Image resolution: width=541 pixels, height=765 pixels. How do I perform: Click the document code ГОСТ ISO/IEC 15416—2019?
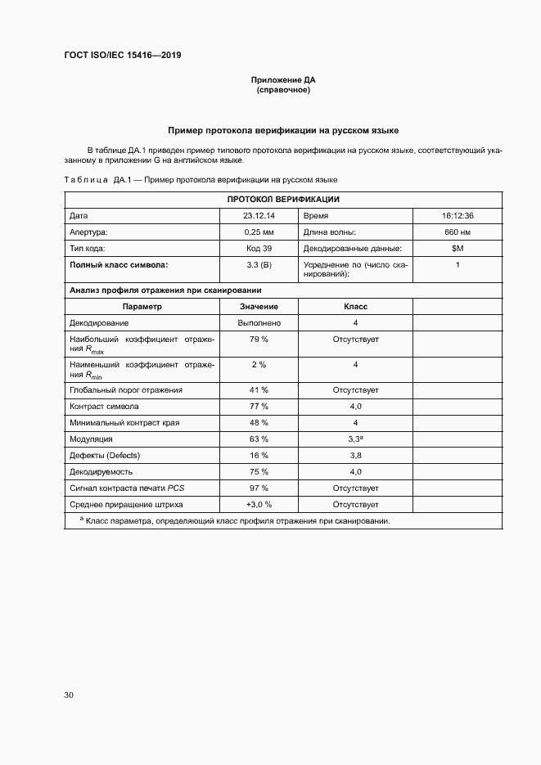(x=122, y=55)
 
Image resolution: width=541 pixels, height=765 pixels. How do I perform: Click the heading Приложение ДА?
(x=282, y=80)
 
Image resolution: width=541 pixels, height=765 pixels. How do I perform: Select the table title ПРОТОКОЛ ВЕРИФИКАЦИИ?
(x=283, y=200)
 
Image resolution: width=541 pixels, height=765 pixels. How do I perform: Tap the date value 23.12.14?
(x=259, y=216)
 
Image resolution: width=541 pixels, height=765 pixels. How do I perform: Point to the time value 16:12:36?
(x=458, y=216)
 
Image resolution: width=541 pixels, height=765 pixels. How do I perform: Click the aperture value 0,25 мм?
(x=259, y=232)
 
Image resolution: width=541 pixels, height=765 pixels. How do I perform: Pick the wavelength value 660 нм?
(x=458, y=232)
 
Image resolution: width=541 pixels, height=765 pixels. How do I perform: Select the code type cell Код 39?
(x=259, y=249)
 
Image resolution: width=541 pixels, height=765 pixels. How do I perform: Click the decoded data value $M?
(x=458, y=249)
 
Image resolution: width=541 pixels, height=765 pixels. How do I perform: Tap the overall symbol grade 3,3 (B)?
(x=259, y=265)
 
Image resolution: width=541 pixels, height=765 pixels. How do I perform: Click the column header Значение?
(x=259, y=307)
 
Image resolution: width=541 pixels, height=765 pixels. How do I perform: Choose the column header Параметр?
(x=142, y=307)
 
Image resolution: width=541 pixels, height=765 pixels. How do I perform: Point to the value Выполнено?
(x=259, y=323)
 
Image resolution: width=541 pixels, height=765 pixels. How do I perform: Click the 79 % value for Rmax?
(x=259, y=339)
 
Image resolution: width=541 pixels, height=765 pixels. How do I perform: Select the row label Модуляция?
(x=91, y=439)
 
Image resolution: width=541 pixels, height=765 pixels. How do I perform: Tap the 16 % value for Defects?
(x=259, y=456)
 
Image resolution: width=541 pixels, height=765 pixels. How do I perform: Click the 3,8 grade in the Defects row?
(x=355, y=456)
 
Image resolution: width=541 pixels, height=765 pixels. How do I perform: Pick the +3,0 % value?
(x=259, y=505)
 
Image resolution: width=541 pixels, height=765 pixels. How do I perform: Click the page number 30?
(x=69, y=695)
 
